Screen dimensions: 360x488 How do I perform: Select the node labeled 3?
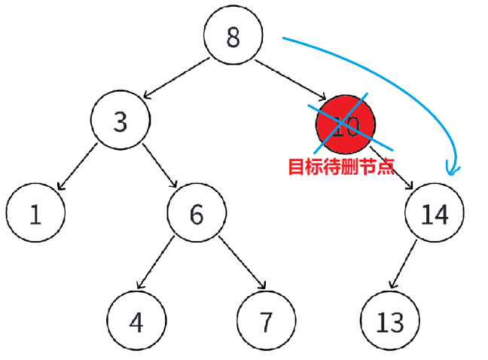[x=120, y=122]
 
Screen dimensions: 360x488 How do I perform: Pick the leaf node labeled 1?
[x=35, y=215]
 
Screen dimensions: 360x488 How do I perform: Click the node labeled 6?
[x=197, y=215]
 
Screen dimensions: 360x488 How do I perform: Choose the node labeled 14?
[x=435, y=215]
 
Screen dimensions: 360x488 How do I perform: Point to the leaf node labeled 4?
[x=136, y=322]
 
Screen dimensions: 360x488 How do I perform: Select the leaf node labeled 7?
[x=265, y=322]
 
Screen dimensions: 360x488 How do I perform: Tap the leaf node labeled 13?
[x=389, y=322]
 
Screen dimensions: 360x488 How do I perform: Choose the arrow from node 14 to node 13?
[x=409, y=264]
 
